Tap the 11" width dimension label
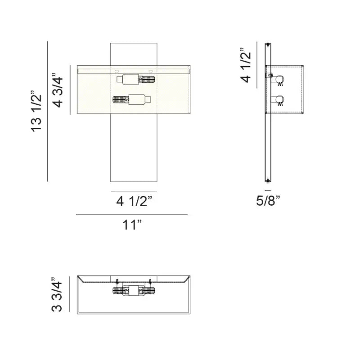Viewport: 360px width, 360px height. [132, 225]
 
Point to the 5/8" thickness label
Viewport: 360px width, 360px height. [268, 201]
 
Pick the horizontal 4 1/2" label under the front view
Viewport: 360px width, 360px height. [135, 201]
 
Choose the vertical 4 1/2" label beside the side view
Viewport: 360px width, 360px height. [246, 66]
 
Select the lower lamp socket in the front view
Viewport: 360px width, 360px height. [131, 99]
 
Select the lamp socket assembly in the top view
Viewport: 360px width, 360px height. [134, 290]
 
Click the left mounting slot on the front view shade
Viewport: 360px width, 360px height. [117, 71]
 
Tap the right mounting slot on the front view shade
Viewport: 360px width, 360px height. [152, 71]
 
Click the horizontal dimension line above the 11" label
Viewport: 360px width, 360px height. [131, 215]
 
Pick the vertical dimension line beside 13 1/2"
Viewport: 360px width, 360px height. [48, 111]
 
